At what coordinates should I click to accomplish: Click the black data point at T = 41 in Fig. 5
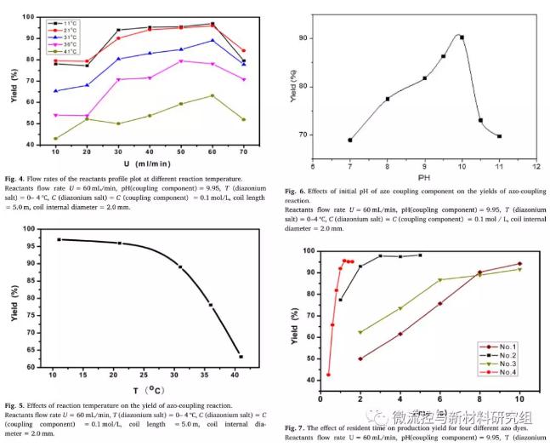241,357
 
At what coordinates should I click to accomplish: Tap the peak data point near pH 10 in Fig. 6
462,37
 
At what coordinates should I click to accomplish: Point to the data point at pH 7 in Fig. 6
349,140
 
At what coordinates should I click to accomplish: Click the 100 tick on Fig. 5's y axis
31,229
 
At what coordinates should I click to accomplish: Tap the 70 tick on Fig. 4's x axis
244,150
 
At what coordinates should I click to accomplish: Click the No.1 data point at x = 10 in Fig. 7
519,264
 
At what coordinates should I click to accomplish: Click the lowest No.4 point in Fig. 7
328,375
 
